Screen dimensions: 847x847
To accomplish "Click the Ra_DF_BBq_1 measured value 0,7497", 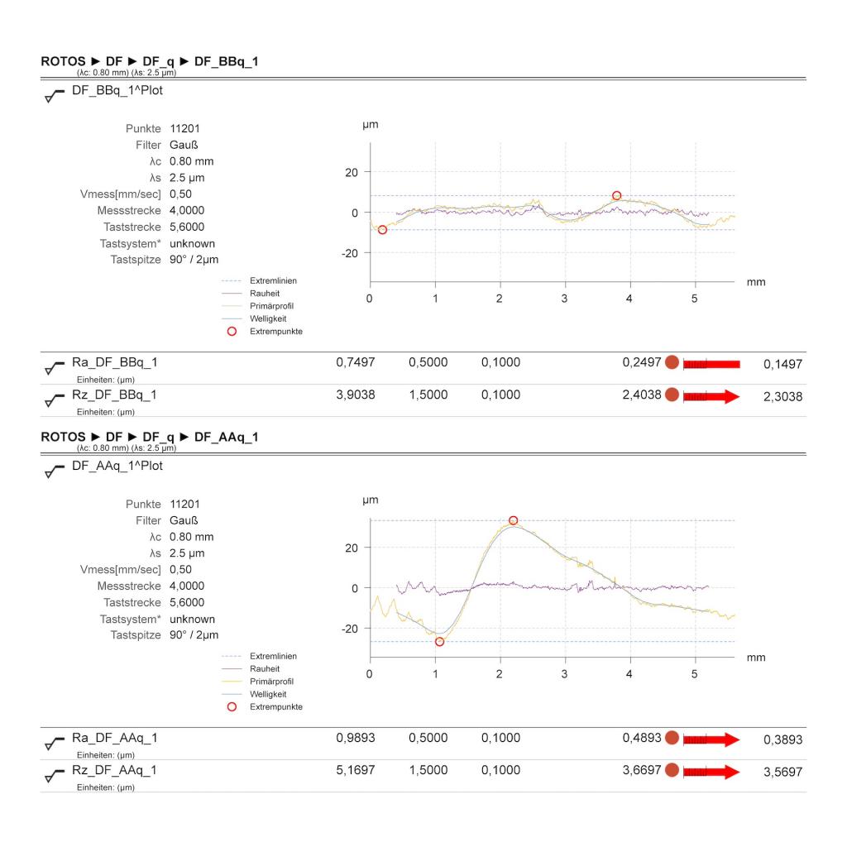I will coord(356,363).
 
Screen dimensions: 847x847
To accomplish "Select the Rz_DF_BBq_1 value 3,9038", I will coord(356,395).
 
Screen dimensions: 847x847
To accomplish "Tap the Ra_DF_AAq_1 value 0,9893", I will coord(356,739).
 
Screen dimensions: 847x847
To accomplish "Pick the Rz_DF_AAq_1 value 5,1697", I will coord(356,771).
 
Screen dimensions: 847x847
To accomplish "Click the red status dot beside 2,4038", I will coord(672,396).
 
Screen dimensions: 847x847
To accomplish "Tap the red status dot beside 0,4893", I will coord(672,739).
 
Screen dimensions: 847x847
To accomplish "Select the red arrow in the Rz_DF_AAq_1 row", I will coord(711,772).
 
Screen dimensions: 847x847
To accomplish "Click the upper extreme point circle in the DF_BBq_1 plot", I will coord(616,196).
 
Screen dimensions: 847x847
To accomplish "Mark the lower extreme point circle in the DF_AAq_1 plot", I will coord(439,642).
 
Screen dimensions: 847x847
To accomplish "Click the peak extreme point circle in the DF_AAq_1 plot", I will coord(513,520).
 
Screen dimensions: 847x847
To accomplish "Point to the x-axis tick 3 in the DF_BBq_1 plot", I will coord(565,299).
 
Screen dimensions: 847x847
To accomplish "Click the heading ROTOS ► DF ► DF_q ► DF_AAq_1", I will coord(150,438).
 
